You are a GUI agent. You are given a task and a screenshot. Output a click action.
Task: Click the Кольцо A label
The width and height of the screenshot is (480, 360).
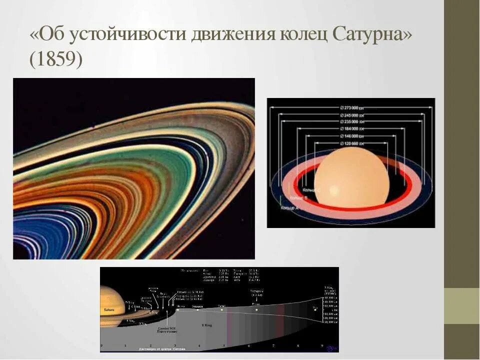290,206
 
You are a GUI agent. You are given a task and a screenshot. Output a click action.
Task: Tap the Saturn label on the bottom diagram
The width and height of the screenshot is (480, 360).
109,310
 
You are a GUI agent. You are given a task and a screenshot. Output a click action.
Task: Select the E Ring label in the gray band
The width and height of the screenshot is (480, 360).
206,325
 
